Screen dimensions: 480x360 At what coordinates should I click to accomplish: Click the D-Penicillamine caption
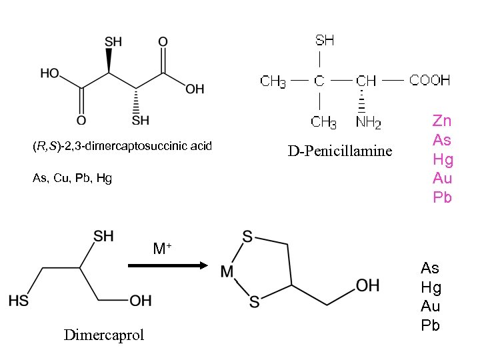[x=340, y=151]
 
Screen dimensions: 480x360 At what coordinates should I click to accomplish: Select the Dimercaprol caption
[x=103, y=335]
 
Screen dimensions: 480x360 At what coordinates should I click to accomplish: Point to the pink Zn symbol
[x=442, y=121]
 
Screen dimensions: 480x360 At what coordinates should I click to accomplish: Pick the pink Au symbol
[x=442, y=177]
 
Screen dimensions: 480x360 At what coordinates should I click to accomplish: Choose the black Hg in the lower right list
[x=430, y=287]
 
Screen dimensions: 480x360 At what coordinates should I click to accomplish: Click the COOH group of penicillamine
[x=430, y=81]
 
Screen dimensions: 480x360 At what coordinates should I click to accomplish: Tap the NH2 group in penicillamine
[x=369, y=122]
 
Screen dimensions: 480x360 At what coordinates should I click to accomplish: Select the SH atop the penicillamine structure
[x=325, y=40]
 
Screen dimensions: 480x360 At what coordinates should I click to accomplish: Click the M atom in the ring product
[x=227, y=271]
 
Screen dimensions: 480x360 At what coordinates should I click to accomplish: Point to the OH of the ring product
[x=367, y=285]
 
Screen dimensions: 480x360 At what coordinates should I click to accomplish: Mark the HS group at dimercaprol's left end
[x=19, y=301]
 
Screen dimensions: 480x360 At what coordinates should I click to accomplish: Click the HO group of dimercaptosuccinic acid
[x=50, y=73]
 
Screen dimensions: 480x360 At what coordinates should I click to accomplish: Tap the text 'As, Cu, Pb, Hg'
[x=72, y=178]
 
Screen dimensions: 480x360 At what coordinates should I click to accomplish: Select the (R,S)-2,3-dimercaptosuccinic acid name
[x=122, y=145]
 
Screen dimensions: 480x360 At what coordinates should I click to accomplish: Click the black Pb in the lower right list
[x=430, y=325]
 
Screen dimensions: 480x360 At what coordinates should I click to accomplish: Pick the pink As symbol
[x=442, y=139]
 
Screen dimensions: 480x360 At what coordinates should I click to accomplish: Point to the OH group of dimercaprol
[x=141, y=301]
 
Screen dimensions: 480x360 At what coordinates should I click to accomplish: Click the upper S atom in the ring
[x=247, y=236]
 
